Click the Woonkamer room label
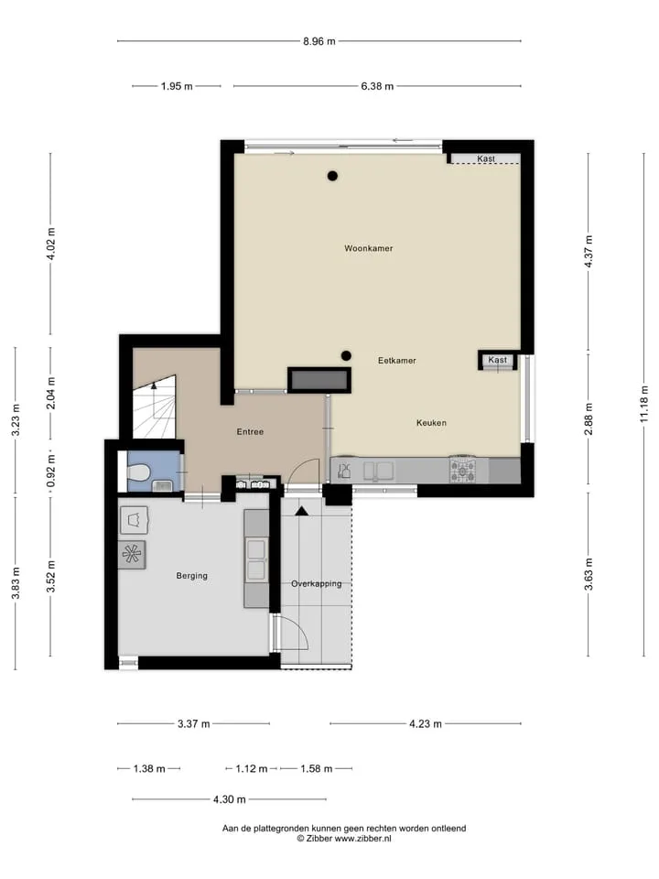click(368, 248)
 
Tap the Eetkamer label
click(396, 361)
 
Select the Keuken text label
click(431, 423)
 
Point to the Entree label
click(250, 431)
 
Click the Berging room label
click(191, 576)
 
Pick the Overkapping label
click(316, 583)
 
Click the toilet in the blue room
click(138, 472)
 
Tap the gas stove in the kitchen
click(463, 470)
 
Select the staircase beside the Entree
click(154, 407)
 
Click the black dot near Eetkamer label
click(346, 355)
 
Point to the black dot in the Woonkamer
click(332, 176)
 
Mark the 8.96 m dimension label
click(319, 41)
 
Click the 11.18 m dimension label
click(643, 404)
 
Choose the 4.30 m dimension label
click(229, 799)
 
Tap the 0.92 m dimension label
click(51, 471)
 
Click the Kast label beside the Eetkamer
click(497, 360)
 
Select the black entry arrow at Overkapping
click(301, 511)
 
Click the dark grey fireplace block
click(319, 381)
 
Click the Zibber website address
click(362, 839)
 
